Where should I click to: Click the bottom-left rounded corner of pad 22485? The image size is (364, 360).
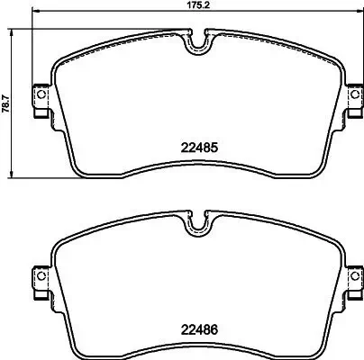tap(76, 170)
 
